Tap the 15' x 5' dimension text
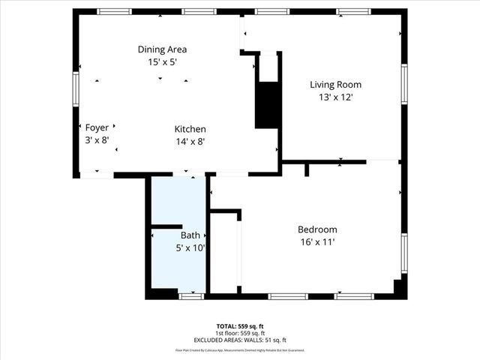[x=162, y=62]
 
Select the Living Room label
[x=331, y=84]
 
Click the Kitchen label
[x=190, y=129]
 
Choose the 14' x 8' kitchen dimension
[x=190, y=141]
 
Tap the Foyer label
[x=97, y=127]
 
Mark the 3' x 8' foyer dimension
[x=97, y=139]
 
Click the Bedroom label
[x=317, y=229]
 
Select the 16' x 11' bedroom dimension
[x=317, y=242]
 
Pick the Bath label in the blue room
[x=190, y=235]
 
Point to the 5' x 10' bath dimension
[x=190, y=247]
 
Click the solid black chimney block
[x=266, y=104]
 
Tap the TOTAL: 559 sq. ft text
[x=240, y=326]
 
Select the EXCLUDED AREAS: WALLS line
[x=240, y=340]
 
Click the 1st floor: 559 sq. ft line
[x=240, y=333]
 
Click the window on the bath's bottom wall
[x=191, y=296]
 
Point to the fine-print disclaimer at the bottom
[x=240, y=350]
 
